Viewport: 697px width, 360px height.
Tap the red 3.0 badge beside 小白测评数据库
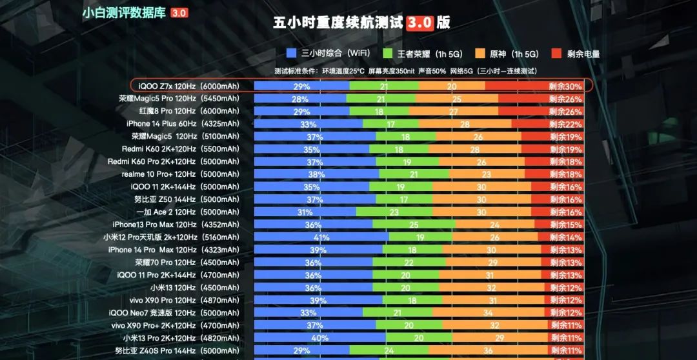[179, 13]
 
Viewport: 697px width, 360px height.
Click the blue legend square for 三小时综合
[290, 54]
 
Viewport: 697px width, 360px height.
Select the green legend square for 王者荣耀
[387, 54]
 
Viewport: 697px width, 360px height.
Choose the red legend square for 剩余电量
[556, 54]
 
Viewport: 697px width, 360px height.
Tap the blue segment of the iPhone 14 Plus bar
[308, 124]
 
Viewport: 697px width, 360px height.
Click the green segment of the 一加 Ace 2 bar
[394, 212]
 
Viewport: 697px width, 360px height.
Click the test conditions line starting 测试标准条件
[405, 71]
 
